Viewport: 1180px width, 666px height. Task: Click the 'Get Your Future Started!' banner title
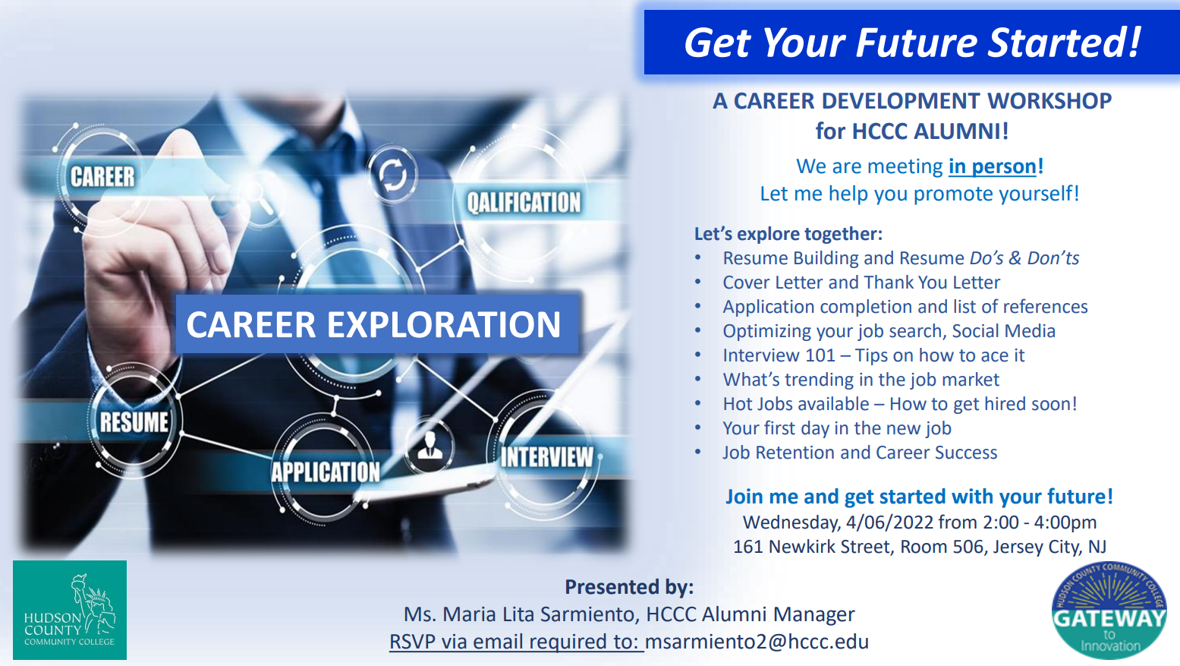coord(912,43)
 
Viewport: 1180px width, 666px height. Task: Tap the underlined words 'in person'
coord(993,166)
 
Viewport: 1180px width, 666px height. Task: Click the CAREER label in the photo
coord(102,177)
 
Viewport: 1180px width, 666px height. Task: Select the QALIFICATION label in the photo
coord(524,203)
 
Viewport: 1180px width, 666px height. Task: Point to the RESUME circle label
coord(134,422)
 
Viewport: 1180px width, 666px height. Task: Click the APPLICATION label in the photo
coord(326,472)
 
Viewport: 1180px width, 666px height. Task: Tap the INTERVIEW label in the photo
coord(547,456)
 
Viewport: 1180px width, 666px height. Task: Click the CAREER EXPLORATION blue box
coord(377,324)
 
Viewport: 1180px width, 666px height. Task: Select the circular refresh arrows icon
coord(392,174)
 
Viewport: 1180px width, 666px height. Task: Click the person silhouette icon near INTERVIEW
coord(430,447)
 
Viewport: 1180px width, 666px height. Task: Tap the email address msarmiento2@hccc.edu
coord(757,642)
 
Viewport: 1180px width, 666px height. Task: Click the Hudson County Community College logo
coord(70,610)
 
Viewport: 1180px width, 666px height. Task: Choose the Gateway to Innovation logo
coord(1109,610)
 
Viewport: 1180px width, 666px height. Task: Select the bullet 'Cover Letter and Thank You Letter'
coord(861,282)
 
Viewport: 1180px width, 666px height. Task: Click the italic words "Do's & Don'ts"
coord(1024,258)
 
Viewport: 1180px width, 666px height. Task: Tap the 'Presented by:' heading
coord(630,587)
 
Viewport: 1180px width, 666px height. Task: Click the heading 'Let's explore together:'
coord(788,234)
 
